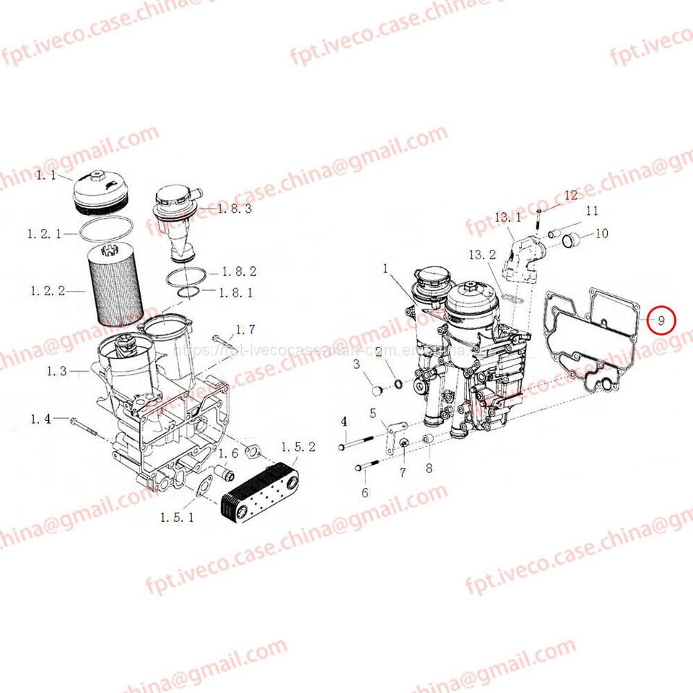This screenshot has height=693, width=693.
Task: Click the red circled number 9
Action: tap(661, 319)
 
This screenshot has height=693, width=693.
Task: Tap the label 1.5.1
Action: tap(177, 517)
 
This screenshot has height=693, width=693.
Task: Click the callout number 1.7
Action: tap(245, 330)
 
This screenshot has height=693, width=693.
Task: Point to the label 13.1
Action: tap(507, 217)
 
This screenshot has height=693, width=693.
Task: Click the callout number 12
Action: tap(571, 195)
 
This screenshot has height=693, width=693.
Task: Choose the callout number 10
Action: tap(601, 233)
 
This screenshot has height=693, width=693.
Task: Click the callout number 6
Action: tap(365, 492)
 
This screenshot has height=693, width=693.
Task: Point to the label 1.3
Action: tap(57, 371)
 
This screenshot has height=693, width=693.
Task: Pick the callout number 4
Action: tap(344, 422)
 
